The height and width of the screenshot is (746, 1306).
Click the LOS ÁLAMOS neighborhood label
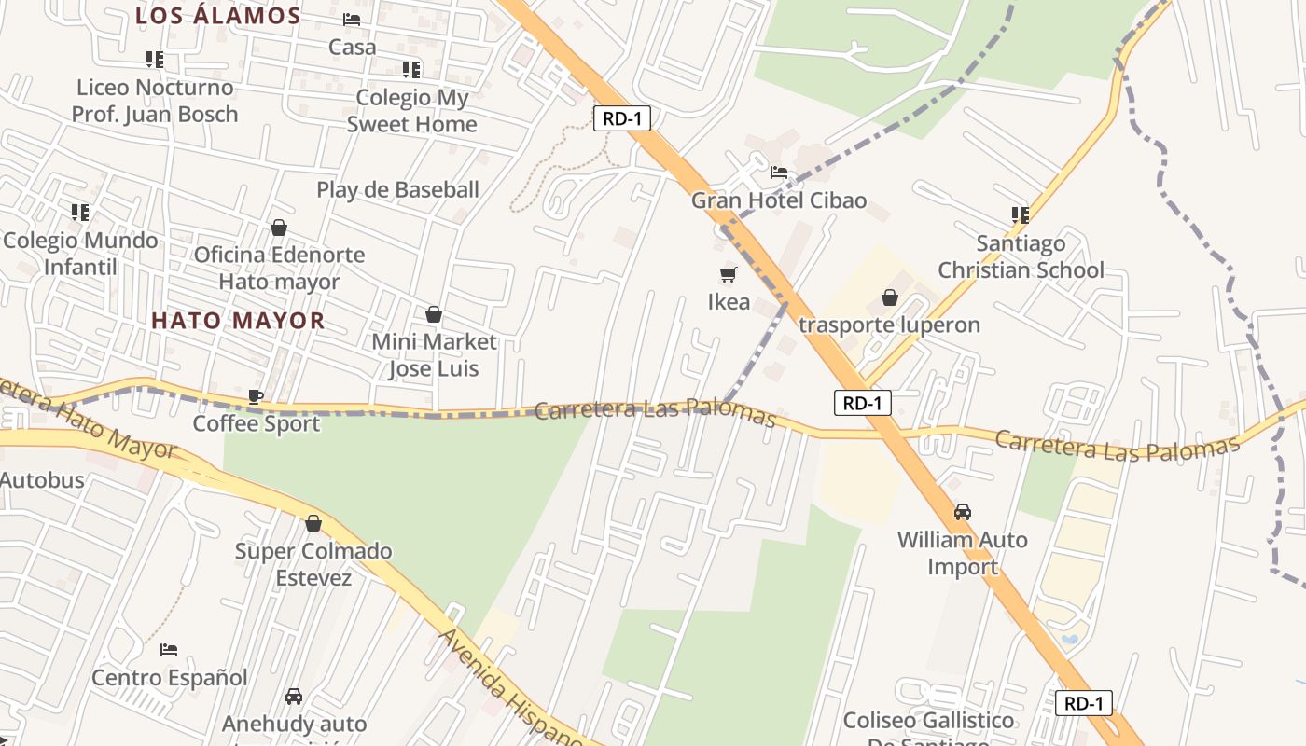[x=218, y=16]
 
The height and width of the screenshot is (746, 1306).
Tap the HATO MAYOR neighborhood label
[x=238, y=321]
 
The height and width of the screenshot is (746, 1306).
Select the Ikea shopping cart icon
[x=728, y=274]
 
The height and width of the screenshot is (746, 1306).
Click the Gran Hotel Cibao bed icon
[x=779, y=173]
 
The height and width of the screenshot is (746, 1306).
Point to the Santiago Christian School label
[x=1021, y=256]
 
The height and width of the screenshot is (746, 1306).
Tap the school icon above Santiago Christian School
[x=1021, y=214]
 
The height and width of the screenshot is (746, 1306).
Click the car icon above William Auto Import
[x=963, y=512]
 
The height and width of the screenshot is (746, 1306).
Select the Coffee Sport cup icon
[x=256, y=396]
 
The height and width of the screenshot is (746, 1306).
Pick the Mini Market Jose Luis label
[x=434, y=355]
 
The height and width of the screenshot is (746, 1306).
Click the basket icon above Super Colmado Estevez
[x=313, y=523]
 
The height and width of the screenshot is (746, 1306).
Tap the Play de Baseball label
[x=397, y=190]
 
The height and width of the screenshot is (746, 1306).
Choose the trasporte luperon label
[x=889, y=325]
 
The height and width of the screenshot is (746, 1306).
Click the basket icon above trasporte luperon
[x=890, y=297]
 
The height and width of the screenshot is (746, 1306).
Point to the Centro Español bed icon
[x=169, y=650]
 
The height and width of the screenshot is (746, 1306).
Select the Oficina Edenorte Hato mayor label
[x=279, y=268]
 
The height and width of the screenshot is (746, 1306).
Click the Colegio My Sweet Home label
[x=411, y=111]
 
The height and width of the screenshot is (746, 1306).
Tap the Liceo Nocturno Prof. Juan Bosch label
[x=155, y=101]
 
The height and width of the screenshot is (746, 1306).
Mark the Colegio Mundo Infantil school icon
[x=80, y=213]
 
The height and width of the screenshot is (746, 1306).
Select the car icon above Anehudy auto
[x=294, y=696]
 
